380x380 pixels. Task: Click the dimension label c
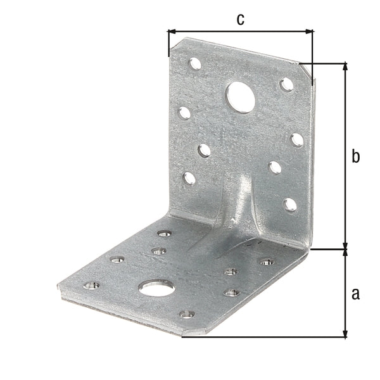pyautogui.click(x=240, y=19)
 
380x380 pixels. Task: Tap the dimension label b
pyautogui.click(x=355, y=156)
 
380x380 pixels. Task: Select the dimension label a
pyautogui.click(x=355, y=293)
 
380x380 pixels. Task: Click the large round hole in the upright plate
pyautogui.click(x=240, y=96)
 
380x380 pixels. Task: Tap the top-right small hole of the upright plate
pyautogui.click(x=286, y=84)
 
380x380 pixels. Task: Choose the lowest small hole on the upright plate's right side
pyautogui.click(x=290, y=204)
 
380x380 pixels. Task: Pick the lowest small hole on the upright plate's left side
pyautogui.click(x=189, y=178)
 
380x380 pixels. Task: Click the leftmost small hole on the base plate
pyautogui.click(x=91, y=286)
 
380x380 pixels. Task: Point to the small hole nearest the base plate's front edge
pyautogui.click(x=186, y=313)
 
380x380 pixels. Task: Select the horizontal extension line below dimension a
pyautogui.click(x=266, y=336)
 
